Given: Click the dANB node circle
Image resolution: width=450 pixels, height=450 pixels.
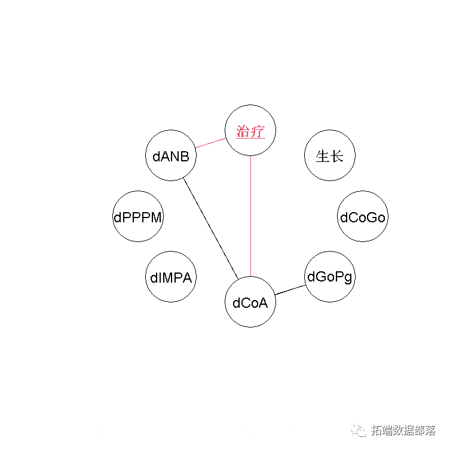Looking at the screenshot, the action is pyautogui.click(x=171, y=156).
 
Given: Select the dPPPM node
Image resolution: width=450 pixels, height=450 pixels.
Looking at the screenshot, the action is pyautogui.click(x=138, y=217).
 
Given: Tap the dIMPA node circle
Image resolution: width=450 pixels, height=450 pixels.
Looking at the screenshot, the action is pyautogui.click(x=171, y=277).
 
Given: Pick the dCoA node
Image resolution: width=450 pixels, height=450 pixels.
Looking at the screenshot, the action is pyautogui.click(x=250, y=302).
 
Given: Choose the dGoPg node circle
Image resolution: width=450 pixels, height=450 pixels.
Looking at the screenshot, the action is pyautogui.click(x=329, y=277).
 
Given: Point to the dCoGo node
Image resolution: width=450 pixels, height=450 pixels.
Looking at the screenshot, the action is pyautogui.click(x=363, y=217).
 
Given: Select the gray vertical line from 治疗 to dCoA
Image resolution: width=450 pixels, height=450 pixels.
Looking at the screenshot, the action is pyautogui.click(x=250, y=215).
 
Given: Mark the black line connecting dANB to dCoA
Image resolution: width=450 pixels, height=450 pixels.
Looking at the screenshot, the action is pyautogui.click(x=210, y=227).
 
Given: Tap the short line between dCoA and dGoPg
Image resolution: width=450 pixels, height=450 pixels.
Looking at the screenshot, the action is pyautogui.click(x=290, y=290).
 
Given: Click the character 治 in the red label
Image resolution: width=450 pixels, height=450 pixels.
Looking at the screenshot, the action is pyautogui.click(x=243, y=131).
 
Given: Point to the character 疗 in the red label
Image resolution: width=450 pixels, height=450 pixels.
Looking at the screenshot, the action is pyautogui.click(x=258, y=131).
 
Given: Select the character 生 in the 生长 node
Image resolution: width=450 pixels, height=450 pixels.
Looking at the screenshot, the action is pyautogui.click(x=323, y=157).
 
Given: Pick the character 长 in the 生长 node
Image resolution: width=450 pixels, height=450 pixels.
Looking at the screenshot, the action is pyautogui.click(x=337, y=157).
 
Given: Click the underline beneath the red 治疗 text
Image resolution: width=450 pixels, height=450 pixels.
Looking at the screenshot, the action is pyautogui.click(x=250, y=139).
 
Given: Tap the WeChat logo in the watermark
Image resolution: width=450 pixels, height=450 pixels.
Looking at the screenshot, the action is pyautogui.click(x=360, y=430).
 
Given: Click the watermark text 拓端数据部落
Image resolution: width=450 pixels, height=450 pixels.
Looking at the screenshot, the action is pyautogui.click(x=403, y=430).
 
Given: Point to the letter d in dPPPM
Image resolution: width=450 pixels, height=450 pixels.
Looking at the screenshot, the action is pyautogui.click(x=117, y=217).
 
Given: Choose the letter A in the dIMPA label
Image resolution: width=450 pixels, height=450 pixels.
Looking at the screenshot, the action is pyautogui.click(x=189, y=278).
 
